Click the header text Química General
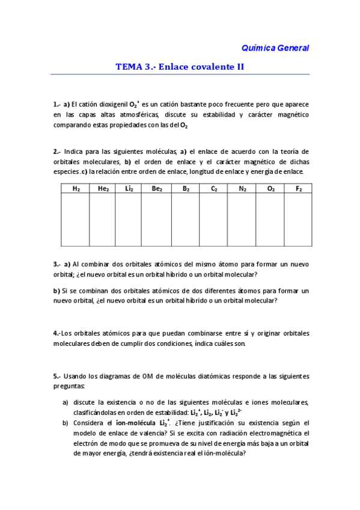pyautogui.click(x=275, y=47)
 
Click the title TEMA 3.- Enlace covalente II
pyautogui.click(x=180, y=67)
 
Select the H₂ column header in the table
pyautogui.click(x=76, y=188)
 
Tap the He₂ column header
pyautogui.click(x=103, y=188)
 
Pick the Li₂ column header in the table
pyautogui.click(x=129, y=188)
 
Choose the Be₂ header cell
pyautogui.click(x=157, y=188)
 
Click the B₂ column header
pyautogui.click(x=186, y=188)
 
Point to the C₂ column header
pyautogui.click(x=213, y=188)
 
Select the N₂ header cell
pyautogui.click(x=242, y=188)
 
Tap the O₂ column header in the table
pyautogui.click(x=271, y=188)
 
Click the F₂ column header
pyautogui.click(x=299, y=188)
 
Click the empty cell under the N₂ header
pyautogui.click(x=242, y=220)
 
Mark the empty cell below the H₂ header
pyautogui.click(x=76, y=220)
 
